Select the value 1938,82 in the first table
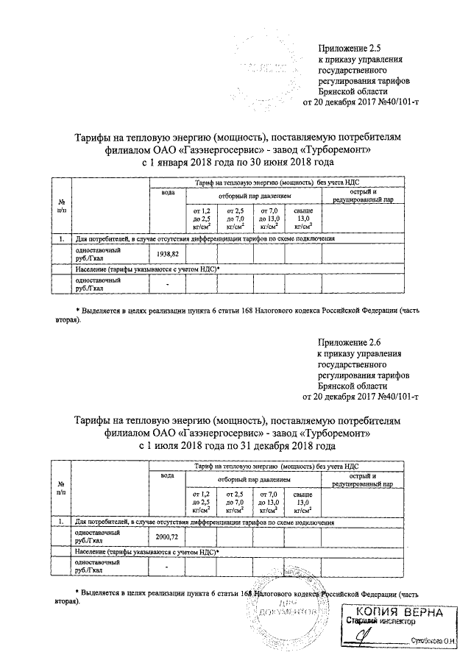point(168,254)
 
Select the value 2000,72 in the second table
point(168,538)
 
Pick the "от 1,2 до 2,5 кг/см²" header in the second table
point(201,503)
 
